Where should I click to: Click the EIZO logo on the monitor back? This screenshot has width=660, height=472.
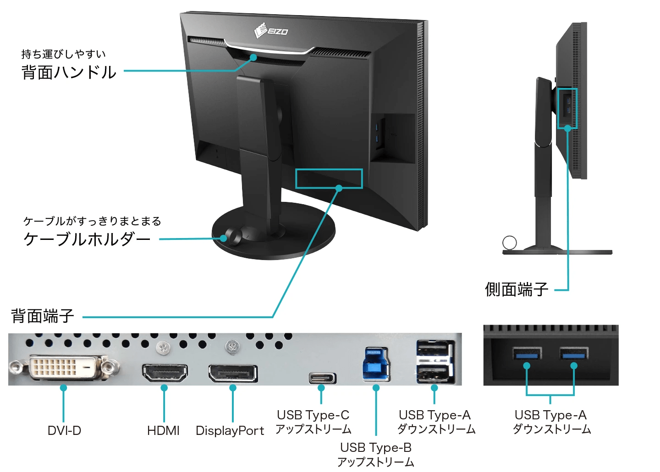pos(271,31)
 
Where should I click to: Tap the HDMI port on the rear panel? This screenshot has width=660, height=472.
pos(165,373)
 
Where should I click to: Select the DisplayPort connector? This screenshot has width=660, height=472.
pos(233,374)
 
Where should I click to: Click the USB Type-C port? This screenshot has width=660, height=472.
pos(322,378)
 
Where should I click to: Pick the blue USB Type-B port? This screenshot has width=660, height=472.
pos(376,364)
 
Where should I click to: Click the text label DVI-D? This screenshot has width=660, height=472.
pos(64,431)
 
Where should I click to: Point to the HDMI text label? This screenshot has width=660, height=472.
pos(163,431)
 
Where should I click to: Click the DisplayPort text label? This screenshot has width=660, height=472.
pos(230,431)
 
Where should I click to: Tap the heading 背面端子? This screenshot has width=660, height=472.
pos(42,316)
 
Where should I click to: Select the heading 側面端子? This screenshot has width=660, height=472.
pos(517,289)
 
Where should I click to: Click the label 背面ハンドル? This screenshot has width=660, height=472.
pos(69,72)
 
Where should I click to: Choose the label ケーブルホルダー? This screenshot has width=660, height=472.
pos(87,239)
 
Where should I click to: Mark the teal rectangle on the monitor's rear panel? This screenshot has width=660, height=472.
pos(329,179)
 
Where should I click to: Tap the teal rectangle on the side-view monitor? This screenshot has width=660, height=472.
pos(567,109)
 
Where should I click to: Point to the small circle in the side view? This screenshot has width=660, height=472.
pos(509,243)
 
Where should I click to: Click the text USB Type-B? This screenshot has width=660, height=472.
pos(376,447)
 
